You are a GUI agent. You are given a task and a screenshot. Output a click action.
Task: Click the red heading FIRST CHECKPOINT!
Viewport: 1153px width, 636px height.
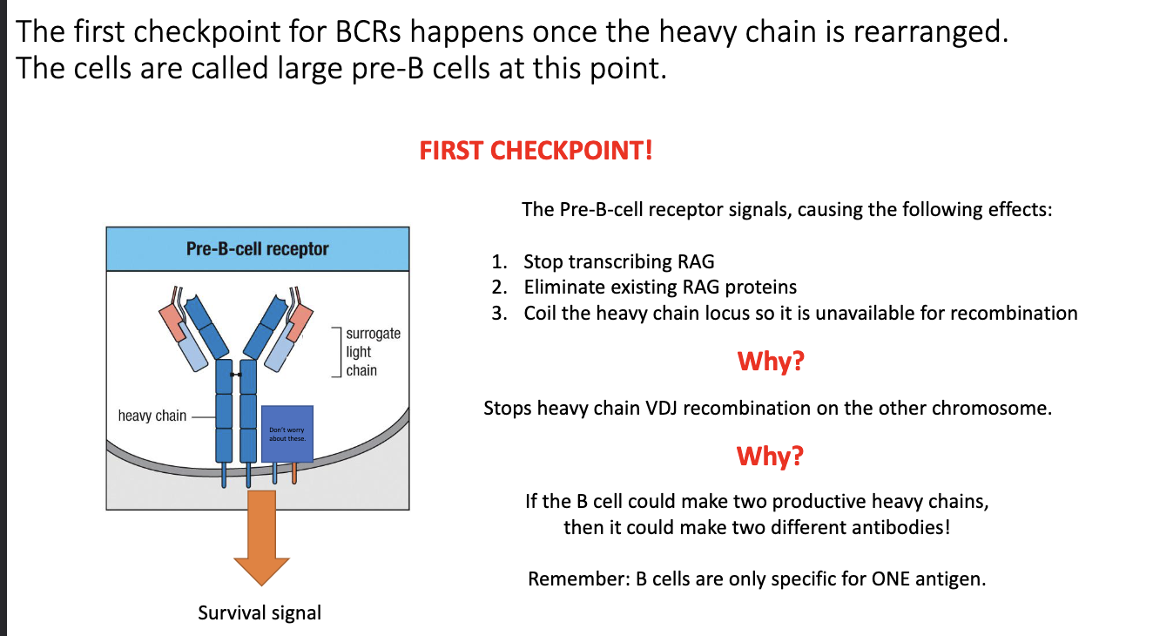point(536,151)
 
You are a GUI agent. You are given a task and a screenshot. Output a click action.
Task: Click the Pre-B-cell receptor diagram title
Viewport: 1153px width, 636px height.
point(257,249)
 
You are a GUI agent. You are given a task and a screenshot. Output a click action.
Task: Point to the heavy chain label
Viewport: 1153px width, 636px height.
point(152,416)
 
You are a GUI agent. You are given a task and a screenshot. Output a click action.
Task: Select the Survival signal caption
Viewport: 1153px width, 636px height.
point(260,612)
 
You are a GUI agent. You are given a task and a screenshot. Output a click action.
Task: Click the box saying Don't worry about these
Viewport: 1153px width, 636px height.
point(287,434)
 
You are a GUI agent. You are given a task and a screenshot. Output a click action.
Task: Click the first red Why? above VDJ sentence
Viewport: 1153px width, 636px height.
point(770,361)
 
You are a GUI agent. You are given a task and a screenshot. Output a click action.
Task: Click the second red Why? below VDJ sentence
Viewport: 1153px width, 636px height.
point(770,456)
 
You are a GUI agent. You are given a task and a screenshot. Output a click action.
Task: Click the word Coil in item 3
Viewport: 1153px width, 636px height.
point(540,313)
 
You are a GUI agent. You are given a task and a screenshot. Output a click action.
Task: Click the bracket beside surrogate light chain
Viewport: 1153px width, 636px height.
point(336,352)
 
